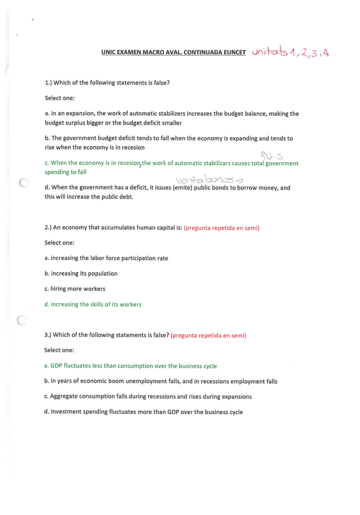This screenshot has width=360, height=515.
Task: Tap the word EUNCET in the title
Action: (x=233, y=53)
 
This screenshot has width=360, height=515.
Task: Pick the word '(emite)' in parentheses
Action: (x=183, y=188)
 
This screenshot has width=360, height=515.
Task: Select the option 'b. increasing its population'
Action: (x=81, y=273)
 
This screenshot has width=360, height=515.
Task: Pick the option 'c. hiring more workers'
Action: (x=75, y=288)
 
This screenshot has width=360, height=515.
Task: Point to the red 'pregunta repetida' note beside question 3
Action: (x=208, y=336)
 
